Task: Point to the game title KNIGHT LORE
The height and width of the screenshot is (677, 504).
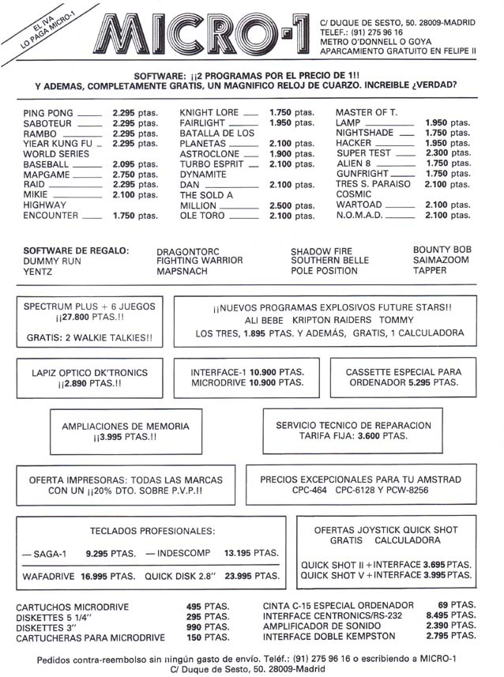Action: [209, 113]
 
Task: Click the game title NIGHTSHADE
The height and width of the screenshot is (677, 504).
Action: [364, 134]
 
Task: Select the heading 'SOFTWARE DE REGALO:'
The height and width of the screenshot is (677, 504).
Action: [76, 250]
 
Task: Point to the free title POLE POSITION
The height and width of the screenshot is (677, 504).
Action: [324, 270]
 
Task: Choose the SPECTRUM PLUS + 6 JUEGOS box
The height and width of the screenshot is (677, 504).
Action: [89, 322]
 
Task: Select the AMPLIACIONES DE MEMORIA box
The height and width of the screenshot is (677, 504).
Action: [125, 431]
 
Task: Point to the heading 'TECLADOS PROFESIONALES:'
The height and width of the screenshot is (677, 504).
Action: [152, 531]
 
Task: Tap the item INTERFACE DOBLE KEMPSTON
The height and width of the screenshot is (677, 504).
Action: [329, 636]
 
